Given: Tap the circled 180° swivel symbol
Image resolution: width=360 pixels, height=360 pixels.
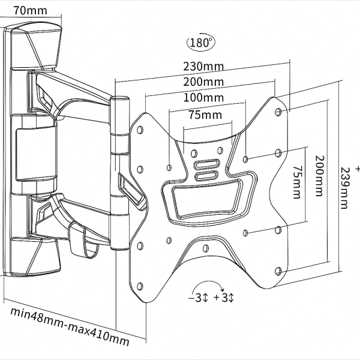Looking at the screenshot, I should (201, 44).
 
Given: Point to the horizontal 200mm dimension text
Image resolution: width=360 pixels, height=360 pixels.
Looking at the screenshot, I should (204, 82).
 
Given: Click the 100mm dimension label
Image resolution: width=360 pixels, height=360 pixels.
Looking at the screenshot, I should (204, 98).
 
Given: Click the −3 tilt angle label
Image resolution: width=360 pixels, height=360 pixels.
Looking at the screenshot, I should (198, 298).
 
